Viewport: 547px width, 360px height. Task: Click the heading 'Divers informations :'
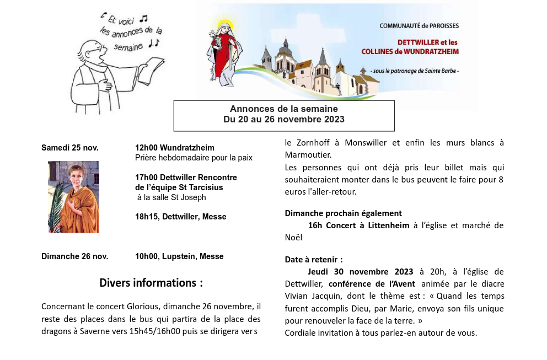[x=151, y=283]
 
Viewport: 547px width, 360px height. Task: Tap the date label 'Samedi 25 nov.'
[x=70, y=148]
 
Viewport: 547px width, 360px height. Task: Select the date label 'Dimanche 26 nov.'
[x=75, y=256]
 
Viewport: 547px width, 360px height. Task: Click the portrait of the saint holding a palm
[x=73, y=197]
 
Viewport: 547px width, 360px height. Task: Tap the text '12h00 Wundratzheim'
[x=175, y=148]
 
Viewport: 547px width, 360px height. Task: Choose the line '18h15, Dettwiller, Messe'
[x=181, y=217]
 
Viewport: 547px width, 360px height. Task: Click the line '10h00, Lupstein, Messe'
[x=179, y=256]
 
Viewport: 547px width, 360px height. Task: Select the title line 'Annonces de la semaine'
[x=284, y=109]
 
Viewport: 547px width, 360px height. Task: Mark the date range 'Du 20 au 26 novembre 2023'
[x=284, y=119]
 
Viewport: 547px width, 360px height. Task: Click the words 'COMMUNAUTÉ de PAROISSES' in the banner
[x=419, y=26]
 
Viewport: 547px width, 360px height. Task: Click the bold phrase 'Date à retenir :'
[x=314, y=259]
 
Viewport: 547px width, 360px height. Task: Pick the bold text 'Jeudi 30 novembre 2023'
[x=361, y=272]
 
